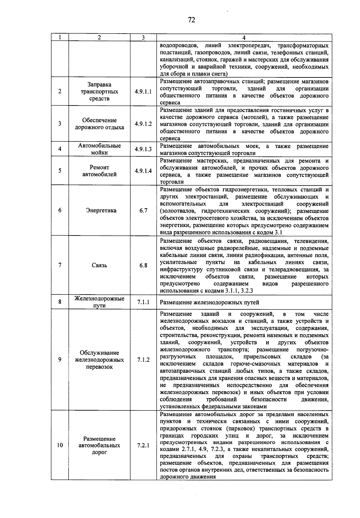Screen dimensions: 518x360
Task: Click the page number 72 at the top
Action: pos(191,20)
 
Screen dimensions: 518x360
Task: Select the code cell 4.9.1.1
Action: pos(143,91)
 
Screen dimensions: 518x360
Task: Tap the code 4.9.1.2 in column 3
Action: pos(143,124)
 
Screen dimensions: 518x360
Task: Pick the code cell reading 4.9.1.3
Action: pos(143,149)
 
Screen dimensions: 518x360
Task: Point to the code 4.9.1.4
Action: pos(143,171)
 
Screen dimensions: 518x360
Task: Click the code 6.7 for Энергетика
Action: pos(143,211)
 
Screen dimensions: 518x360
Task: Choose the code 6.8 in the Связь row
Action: pos(143,265)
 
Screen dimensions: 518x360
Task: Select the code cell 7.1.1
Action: pos(143,302)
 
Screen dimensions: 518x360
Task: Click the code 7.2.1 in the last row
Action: pos(143,445)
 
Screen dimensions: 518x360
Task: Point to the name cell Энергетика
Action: pos(99,211)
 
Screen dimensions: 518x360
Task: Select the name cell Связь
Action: pos(99,265)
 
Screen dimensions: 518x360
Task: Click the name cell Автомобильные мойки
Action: pos(99,149)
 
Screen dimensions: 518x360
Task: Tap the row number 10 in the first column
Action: pos(60,445)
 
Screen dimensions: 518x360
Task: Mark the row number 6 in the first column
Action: pos(60,211)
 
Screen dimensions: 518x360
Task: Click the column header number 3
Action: pos(143,37)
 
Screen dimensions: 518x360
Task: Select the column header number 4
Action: pos(244,38)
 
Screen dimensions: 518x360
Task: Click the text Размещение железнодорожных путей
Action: pos(209,303)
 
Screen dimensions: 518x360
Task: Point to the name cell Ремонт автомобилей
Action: pos(99,171)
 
